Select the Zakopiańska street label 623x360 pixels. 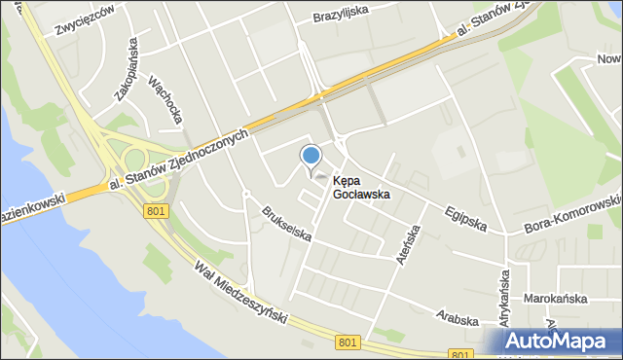pyautogui.click(x=126, y=68)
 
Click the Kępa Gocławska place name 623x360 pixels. pyautogui.click(x=361, y=187)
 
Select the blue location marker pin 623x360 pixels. pyautogui.click(x=311, y=156)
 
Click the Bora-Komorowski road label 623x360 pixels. pyautogui.click(x=574, y=212)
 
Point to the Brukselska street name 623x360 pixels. pyautogui.click(x=286, y=223)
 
